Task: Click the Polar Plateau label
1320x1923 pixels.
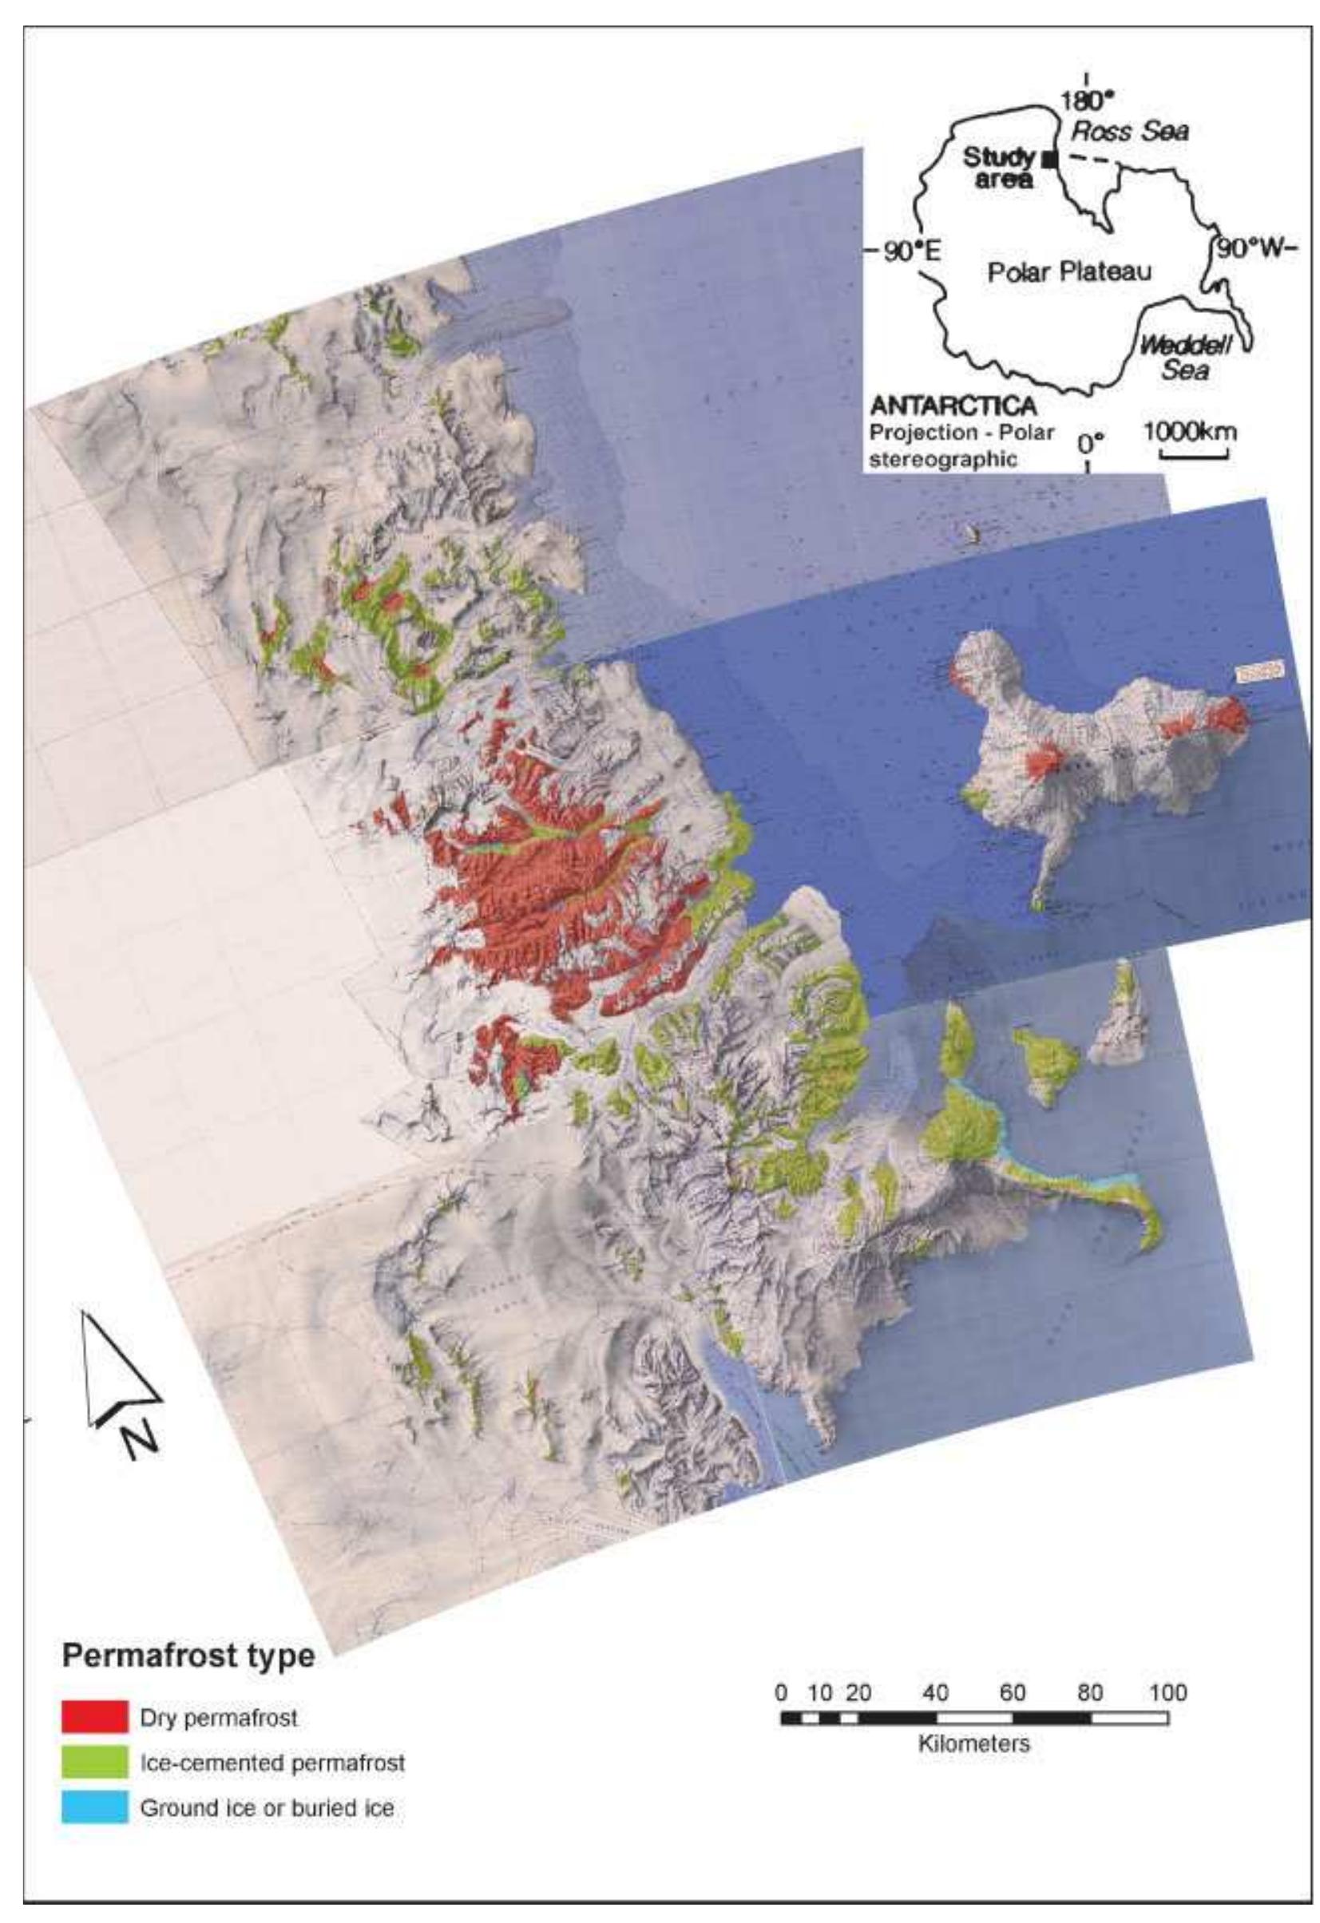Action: coord(1069,271)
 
